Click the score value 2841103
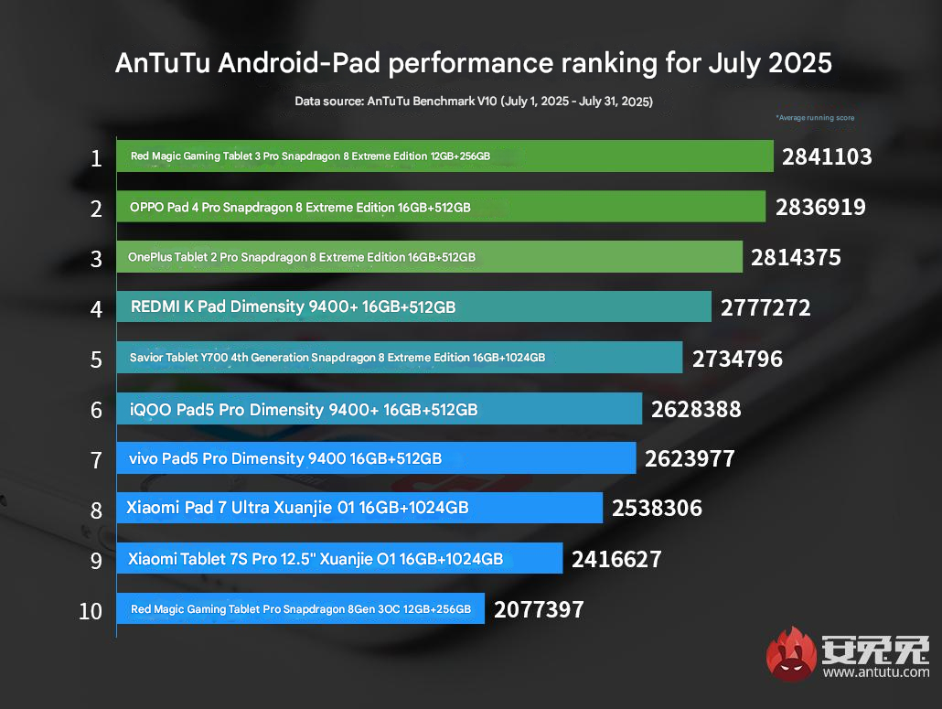(826, 157)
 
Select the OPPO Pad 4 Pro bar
(440, 208)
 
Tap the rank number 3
(96, 258)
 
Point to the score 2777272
(765, 308)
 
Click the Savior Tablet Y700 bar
(399, 358)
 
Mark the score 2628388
(696, 409)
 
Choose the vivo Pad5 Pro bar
(376, 457)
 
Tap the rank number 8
(96, 510)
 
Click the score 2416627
(616, 559)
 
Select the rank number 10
(91, 610)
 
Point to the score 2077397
(538, 609)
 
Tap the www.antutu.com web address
(875, 672)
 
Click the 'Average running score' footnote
(814, 118)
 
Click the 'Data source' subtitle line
(473, 102)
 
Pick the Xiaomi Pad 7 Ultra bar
(359, 508)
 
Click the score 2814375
(796, 258)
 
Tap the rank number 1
(96, 158)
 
